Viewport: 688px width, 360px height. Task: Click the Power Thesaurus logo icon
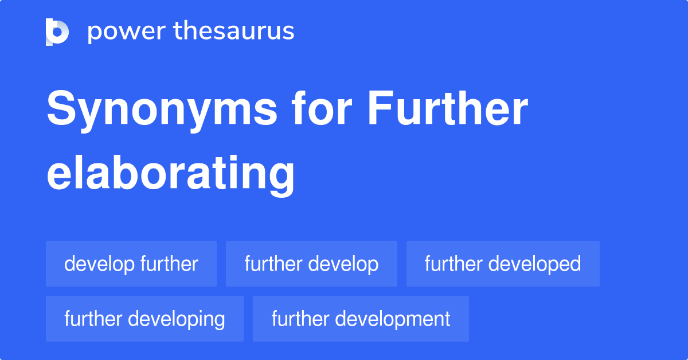[57, 32]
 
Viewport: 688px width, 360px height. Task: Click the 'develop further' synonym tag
[131, 264]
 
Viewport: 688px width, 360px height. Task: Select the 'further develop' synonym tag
[311, 264]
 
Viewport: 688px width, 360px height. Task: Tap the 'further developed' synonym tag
[503, 264]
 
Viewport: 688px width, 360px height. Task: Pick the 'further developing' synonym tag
[144, 319]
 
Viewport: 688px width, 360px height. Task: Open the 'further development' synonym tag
[361, 319]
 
